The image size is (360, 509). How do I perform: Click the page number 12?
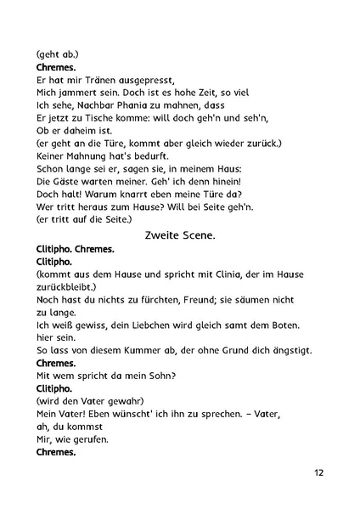(318, 472)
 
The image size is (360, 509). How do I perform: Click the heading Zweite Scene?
(179, 235)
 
